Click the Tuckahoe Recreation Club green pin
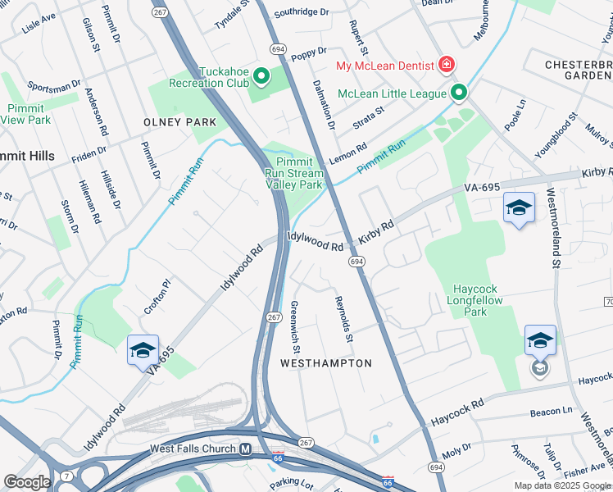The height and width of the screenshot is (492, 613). point(261,77)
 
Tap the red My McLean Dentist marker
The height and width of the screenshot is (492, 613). point(446,64)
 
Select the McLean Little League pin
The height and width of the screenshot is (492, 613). point(458,93)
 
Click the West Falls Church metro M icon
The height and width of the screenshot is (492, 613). point(245,449)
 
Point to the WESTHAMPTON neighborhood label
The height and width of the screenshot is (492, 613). point(326,362)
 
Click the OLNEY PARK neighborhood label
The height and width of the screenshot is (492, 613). point(179,122)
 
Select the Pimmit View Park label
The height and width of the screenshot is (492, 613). point(26,114)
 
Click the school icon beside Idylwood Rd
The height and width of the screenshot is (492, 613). point(143,349)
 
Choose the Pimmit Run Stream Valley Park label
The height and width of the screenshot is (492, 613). point(294,173)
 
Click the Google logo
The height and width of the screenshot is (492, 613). point(27,482)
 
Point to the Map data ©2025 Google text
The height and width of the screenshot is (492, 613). point(561,485)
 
